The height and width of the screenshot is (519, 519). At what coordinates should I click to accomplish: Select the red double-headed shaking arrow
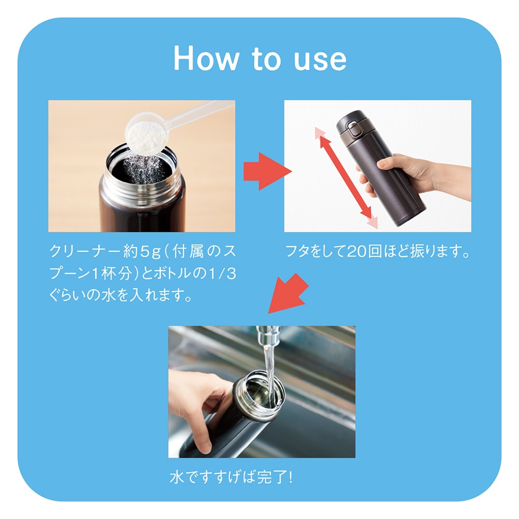346,177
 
